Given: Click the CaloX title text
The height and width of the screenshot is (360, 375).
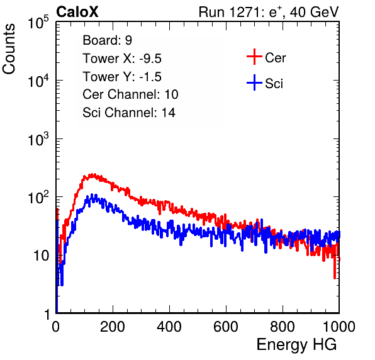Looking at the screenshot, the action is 77,12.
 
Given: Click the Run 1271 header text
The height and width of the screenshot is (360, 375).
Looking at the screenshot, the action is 269,12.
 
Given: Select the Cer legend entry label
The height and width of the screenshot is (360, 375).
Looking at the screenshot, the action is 275,58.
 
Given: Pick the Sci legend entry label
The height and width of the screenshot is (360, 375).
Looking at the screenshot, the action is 274,84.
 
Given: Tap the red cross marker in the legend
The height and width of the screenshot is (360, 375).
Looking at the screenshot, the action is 254,57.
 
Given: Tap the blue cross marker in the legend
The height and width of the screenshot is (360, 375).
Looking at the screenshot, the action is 254,82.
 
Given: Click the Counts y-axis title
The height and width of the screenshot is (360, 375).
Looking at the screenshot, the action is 9,49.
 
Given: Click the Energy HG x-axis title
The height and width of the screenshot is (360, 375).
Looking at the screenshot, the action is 296,345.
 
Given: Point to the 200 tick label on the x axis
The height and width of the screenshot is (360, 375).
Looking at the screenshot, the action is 113,327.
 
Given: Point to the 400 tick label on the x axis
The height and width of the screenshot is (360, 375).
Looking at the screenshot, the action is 169,327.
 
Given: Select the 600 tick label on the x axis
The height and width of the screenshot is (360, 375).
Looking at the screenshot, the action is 226,327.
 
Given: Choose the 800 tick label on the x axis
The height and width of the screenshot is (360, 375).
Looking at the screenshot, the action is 283,327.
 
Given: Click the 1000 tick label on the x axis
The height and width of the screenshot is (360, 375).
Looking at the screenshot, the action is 339,327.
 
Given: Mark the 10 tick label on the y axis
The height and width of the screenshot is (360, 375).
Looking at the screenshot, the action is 42,256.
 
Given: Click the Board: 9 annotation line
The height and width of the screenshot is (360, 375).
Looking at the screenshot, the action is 107,40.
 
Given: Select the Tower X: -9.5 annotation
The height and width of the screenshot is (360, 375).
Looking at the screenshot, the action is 122,59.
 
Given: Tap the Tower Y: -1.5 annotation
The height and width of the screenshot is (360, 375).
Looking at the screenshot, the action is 122,77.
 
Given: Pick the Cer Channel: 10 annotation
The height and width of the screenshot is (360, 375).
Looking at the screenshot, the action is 130,94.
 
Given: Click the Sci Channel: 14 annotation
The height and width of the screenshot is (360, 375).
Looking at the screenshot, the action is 129,113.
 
